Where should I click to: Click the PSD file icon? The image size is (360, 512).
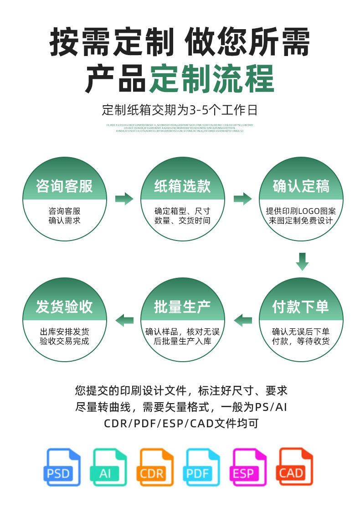tap(62, 467)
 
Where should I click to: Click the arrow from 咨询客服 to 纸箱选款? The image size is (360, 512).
tap(124, 199)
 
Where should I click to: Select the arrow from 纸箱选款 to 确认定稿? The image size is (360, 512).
tap(242, 199)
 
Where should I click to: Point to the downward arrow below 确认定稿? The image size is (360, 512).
tap(302, 261)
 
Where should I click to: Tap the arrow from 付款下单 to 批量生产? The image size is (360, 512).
tap(242, 320)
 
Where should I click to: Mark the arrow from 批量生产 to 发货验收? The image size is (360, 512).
tap(124, 320)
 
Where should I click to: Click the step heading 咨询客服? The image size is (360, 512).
tap(64, 186)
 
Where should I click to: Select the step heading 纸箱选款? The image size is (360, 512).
tap(182, 186)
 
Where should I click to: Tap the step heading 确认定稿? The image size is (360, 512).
tap(301, 186)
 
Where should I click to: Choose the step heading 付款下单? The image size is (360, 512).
tap(301, 307)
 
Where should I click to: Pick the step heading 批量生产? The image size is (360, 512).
tap(182, 307)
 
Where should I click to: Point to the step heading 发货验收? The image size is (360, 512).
tap(64, 307)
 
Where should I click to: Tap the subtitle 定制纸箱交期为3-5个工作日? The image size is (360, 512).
tap(180, 110)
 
